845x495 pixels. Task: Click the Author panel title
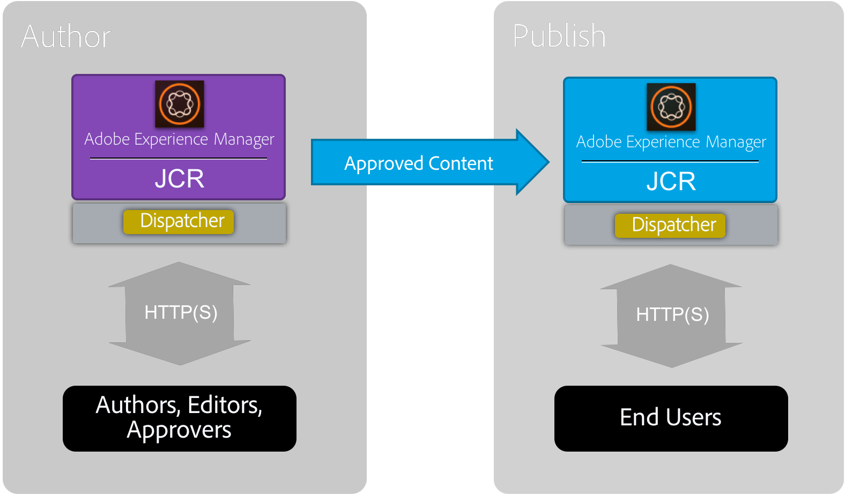click(x=66, y=36)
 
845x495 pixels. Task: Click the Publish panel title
click(x=559, y=36)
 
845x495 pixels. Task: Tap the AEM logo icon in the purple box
click(x=180, y=104)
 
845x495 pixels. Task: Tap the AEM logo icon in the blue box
click(x=671, y=107)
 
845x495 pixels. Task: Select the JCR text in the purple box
click(x=180, y=178)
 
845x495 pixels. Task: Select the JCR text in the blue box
click(x=671, y=181)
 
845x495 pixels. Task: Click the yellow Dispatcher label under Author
click(x=179, y=221)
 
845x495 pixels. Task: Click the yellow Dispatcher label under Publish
click(x=670, y=225)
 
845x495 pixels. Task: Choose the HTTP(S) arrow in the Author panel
click(x=180, y=313)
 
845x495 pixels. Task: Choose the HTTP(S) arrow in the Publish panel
click(x=672, y=315)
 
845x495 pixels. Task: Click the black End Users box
click(x=671, y=418)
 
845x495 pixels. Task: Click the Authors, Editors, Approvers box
click(x=179, y=418)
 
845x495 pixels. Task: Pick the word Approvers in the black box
click(x=179, y=430)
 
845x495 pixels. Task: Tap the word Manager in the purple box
click(x=244, y=139)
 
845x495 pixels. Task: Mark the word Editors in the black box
click(x=225, y=406)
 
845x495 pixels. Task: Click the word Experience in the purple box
click(x=171, y=139)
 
